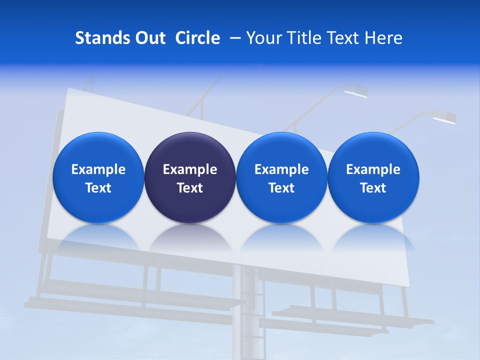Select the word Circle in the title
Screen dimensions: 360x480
197,38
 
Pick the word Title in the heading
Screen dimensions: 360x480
305,38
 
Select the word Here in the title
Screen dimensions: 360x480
384,38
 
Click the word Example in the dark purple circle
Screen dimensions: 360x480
190,169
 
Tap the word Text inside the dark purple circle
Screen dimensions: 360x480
190,188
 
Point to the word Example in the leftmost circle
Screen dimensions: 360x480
98,169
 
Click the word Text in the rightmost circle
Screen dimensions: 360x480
373,188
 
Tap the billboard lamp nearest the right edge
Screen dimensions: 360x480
443,117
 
